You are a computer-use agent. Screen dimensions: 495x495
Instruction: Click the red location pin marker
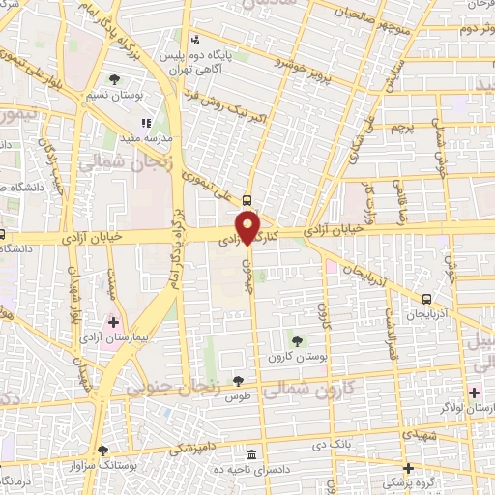pos(248,228)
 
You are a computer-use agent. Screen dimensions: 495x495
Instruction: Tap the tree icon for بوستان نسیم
pos(116,79)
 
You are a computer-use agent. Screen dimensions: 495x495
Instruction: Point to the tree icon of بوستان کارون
pos(296,339)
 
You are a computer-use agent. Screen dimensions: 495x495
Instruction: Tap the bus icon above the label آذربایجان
pos(427,299)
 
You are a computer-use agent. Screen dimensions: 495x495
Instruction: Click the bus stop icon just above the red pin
pos(248,201)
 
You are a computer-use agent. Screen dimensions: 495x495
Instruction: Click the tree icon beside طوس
pos(238,381)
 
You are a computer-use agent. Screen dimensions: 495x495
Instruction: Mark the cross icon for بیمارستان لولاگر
pos(474,393)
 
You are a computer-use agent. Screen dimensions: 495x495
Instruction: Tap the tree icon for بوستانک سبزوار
pos(103,451)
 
